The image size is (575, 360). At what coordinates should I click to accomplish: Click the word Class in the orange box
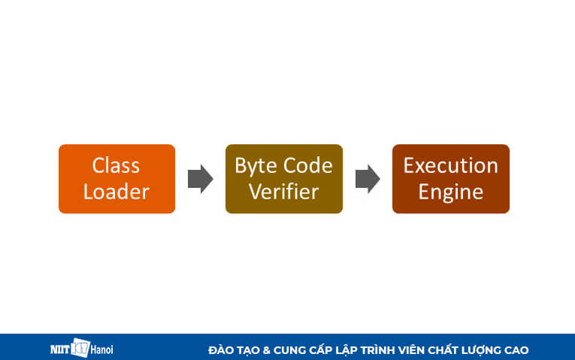click(116, 165)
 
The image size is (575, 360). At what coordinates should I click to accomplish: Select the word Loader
click(116, 192)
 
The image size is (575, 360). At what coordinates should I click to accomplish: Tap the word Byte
click(255, 165)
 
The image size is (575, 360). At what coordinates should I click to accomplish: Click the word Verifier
click(283, 192)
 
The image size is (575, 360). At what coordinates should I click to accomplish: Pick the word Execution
click(450, 165)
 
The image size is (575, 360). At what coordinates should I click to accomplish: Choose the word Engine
click(450, 192)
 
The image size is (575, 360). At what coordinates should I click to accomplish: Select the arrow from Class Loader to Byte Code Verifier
click(200, 179)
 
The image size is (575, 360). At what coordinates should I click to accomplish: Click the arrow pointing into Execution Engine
click(368, 179)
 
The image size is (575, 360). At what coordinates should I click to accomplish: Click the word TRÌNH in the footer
click(376, 350)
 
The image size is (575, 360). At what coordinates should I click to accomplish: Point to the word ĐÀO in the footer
click(221, 350)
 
